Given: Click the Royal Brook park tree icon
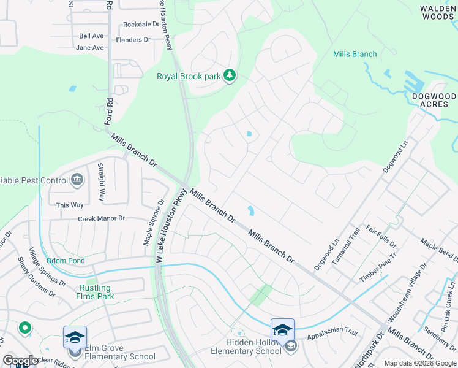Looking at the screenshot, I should (230, 75).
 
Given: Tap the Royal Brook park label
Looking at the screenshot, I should (189, 77).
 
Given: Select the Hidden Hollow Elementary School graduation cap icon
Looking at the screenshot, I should (282, 329).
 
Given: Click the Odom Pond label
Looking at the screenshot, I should (65, 261).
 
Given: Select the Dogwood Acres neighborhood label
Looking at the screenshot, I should (434, 101).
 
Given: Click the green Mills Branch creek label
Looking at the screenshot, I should (355, 54).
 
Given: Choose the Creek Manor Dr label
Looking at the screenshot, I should (101, 218).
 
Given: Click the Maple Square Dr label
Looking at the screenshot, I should (154, 222).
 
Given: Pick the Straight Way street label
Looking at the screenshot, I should (102, 183).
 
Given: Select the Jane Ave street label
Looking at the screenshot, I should (91, 47).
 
